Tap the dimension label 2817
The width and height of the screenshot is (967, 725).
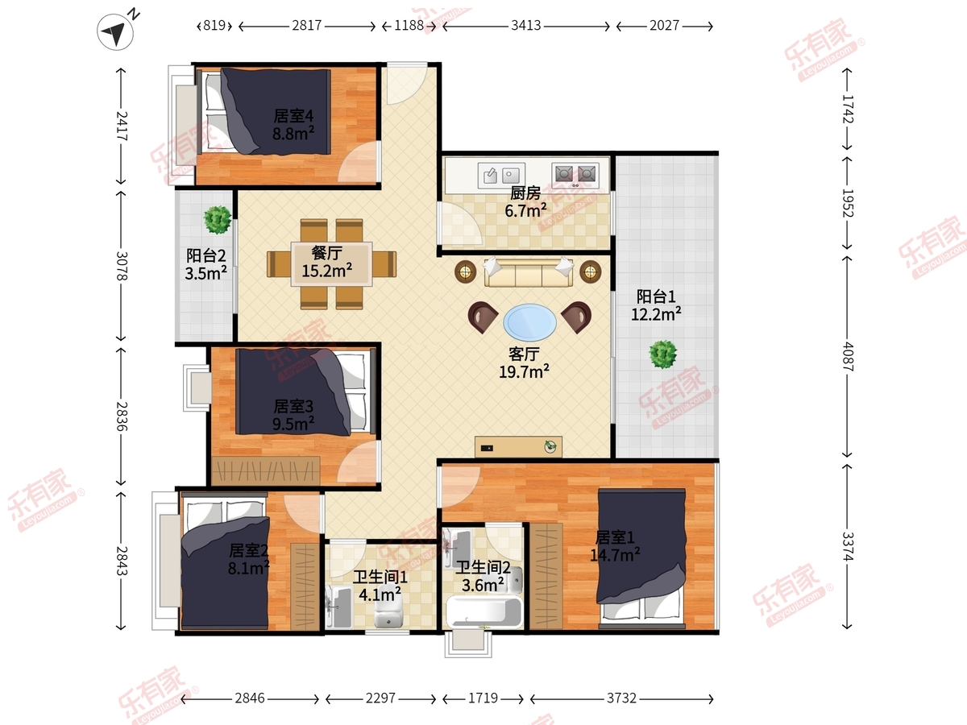pos(307,26)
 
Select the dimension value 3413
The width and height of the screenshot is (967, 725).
pos(526,26)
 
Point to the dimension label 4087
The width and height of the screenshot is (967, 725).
pos(848,357)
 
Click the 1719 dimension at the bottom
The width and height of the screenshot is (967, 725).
pos(483,698)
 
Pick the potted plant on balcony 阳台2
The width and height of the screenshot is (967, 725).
pos(218,220)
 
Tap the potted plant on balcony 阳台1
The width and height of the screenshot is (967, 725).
pos(663,354)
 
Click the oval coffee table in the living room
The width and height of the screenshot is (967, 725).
pos(529,322)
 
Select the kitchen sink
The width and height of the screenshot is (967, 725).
pos(501,175)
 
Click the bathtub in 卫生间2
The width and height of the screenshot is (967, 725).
pos(483,612)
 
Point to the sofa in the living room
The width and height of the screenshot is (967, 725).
pos(529,273)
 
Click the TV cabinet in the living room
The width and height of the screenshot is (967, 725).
pos(518,447)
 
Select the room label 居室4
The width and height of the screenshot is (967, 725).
pos(293,116)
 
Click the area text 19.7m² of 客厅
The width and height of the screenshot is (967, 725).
pos(524,371)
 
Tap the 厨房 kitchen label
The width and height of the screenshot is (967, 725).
pos(525,193)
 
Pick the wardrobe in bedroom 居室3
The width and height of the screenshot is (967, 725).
pos(266,471)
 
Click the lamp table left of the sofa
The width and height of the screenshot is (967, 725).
pos(465,271)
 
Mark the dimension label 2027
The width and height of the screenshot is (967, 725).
pos(664,26)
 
